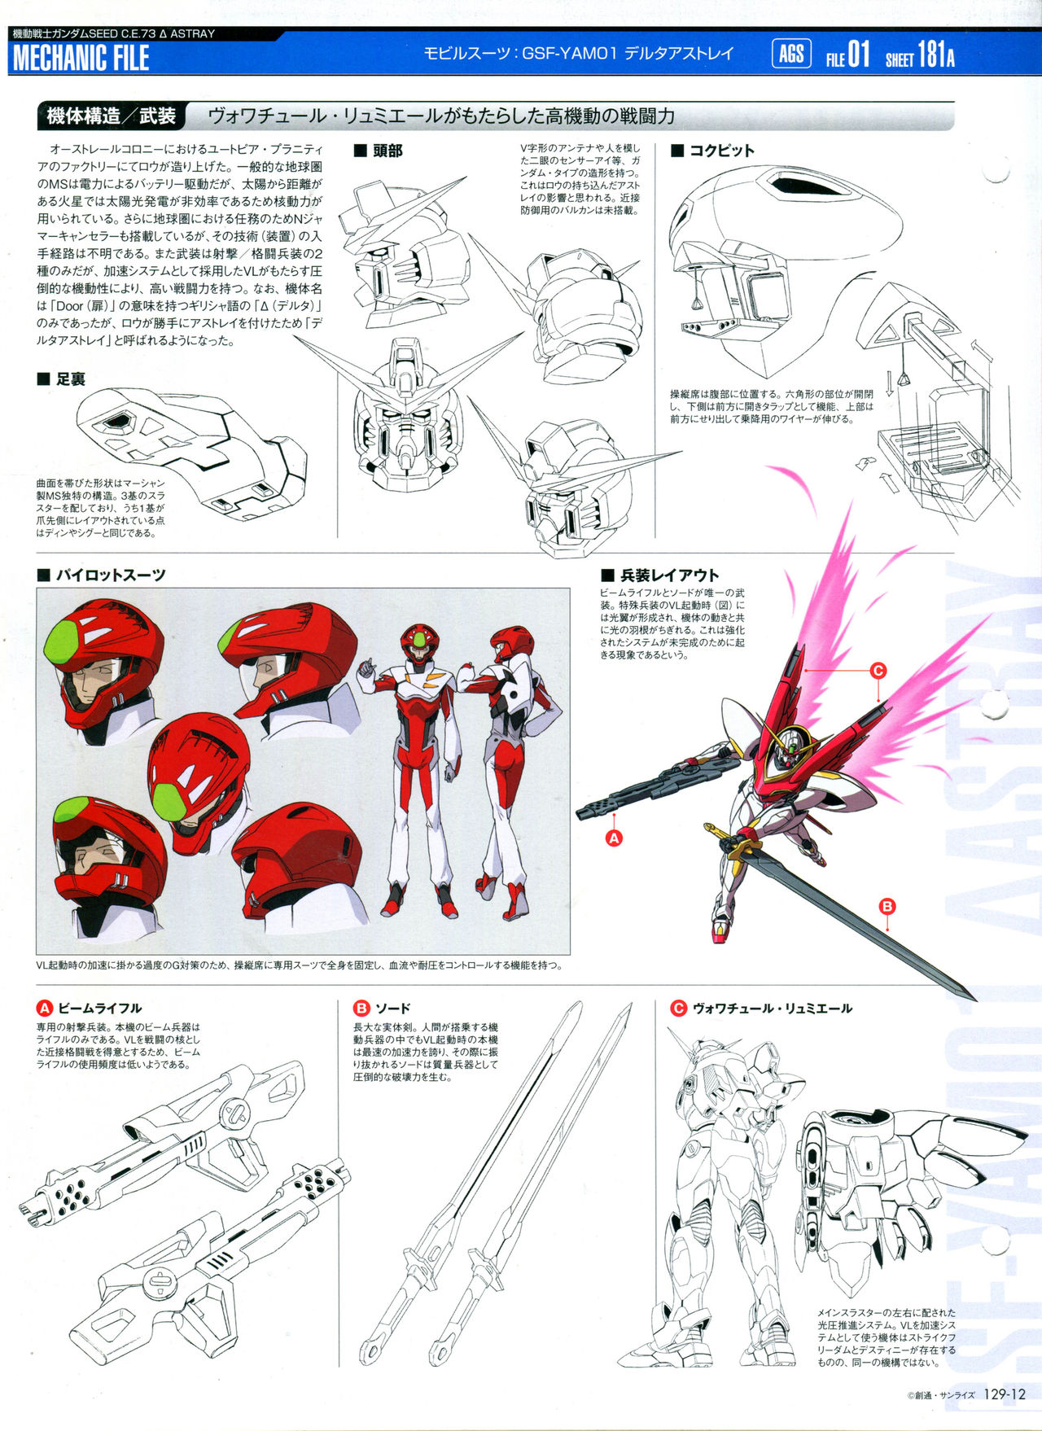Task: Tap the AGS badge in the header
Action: pos(791,55)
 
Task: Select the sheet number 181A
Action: pos(936,55)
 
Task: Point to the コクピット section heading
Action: pos(712,151)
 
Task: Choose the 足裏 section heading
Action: pos(61,379)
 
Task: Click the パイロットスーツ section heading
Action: pos(102,575)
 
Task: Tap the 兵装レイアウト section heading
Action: pos(660,575)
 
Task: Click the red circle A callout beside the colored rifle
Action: pos(615,837)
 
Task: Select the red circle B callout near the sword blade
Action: pos(887,906)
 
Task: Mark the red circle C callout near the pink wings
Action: pos(878,671)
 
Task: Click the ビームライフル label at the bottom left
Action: pos(99,1008)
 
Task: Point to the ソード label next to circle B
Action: pos(392,1008)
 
